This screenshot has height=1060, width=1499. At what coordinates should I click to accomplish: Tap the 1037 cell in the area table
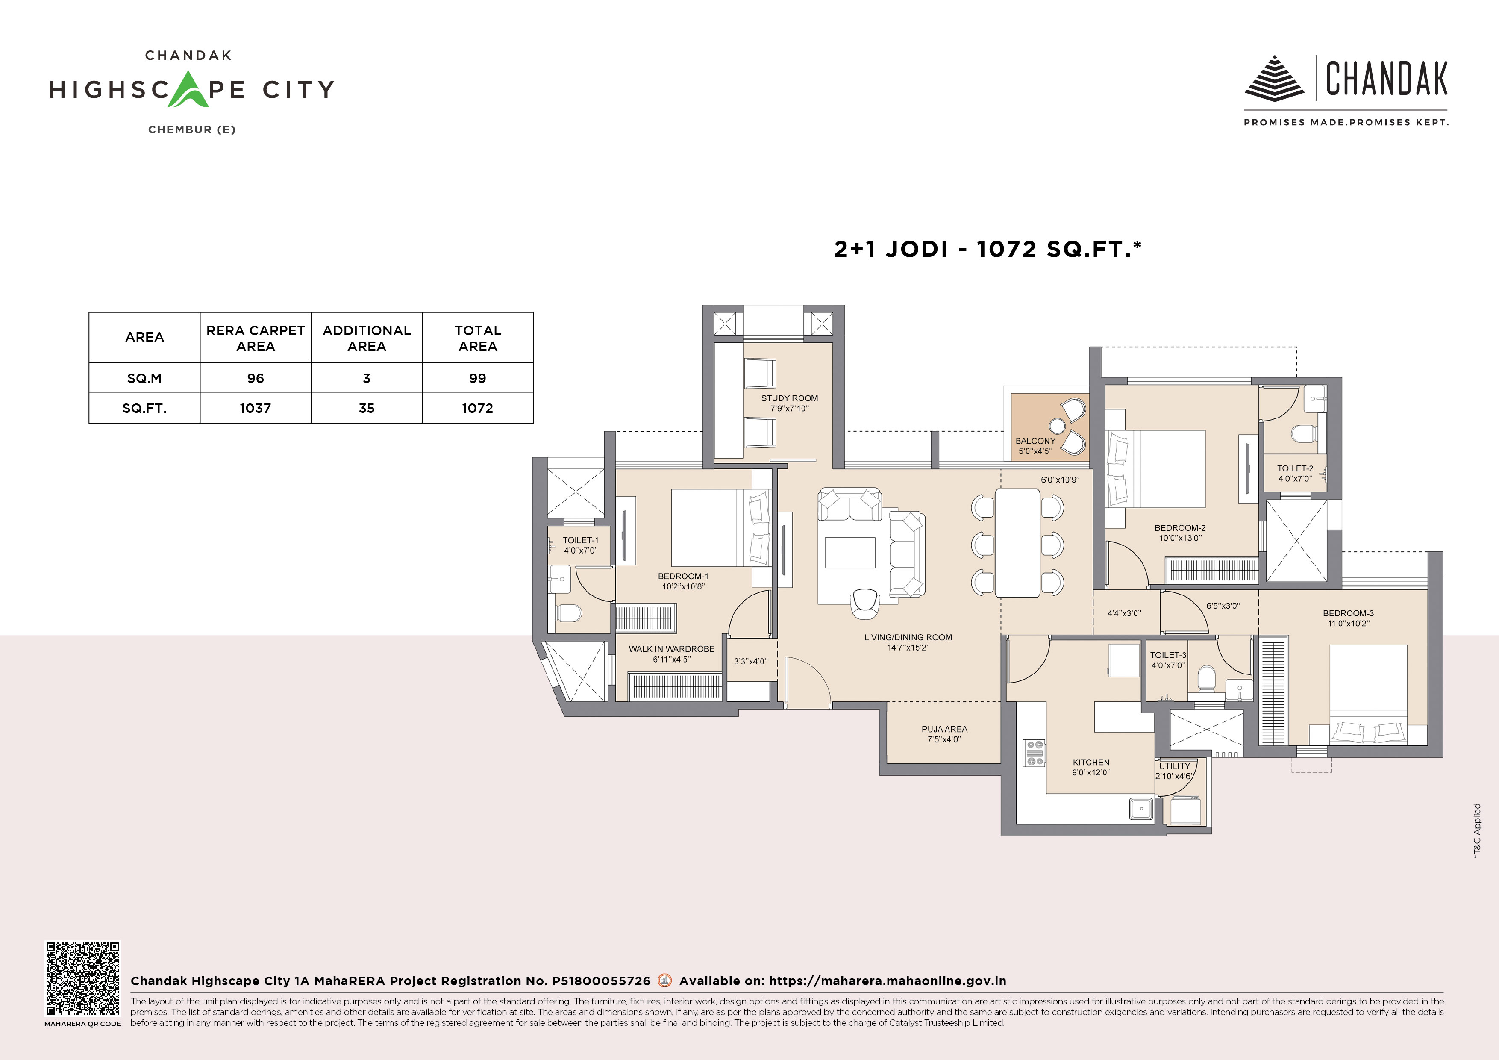255,408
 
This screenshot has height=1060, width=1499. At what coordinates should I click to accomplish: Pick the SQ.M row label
144,378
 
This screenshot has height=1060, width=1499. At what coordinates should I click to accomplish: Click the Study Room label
789,398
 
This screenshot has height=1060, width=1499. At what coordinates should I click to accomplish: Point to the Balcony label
1035,441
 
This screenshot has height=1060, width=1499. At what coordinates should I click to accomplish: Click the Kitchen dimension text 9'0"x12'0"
1091,773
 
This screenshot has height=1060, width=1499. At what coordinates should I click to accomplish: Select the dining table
1017,543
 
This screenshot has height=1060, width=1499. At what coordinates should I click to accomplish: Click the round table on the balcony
1057,426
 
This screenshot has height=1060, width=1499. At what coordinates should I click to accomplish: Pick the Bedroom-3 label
1348,613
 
